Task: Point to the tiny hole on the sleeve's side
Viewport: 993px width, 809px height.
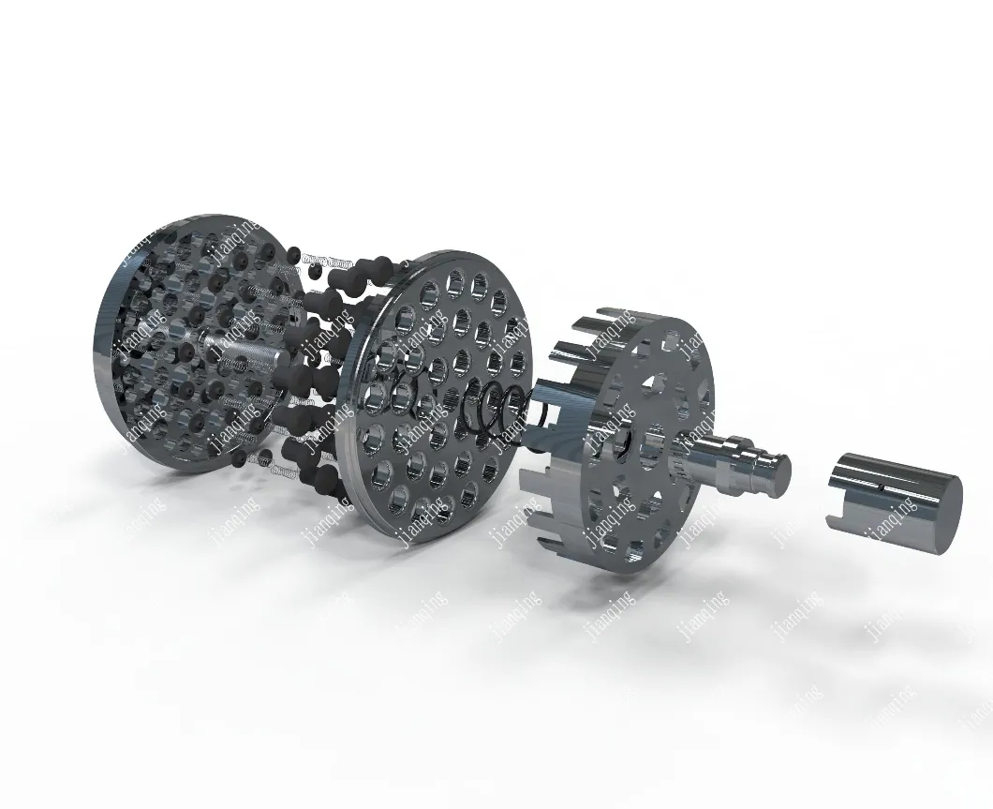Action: click(882, 487)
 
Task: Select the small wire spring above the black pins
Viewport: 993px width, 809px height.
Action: click(329, 260)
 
